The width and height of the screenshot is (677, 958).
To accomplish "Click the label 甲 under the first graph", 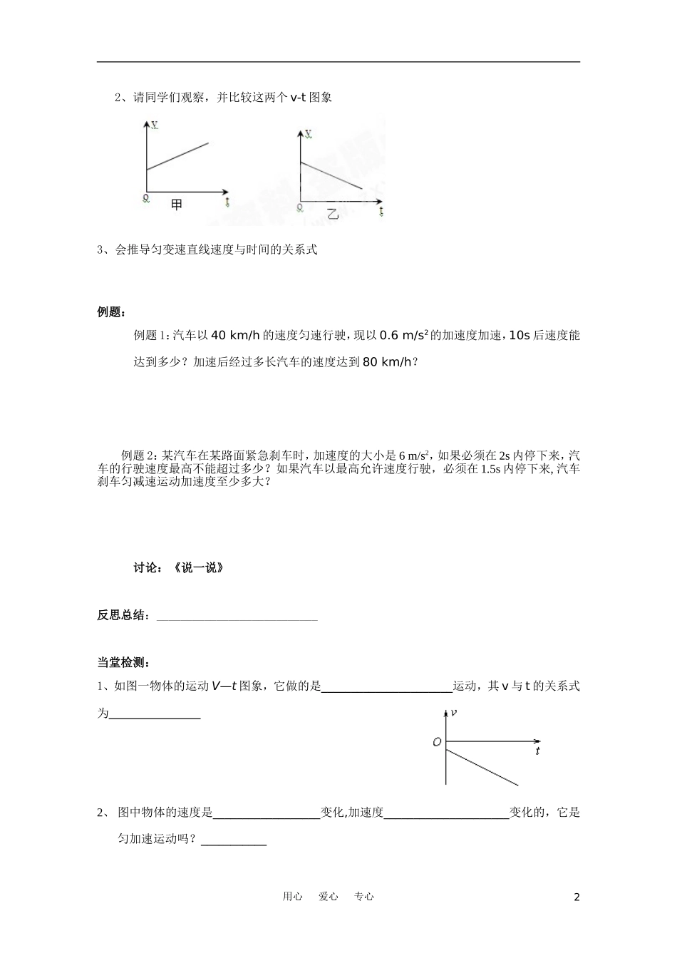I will (x=177, y=205).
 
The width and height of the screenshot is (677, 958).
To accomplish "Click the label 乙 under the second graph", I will (x=333, y=213).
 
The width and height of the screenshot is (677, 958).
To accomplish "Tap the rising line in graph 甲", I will (x=178, y=156).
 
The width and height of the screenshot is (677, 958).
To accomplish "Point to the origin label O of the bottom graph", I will (x=437, y=742).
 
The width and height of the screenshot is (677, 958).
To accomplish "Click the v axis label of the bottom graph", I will (x=454, y=712).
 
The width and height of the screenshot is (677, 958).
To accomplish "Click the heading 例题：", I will (x=112, y=312).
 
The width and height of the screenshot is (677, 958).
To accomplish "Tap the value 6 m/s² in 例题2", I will (x=413, y=455).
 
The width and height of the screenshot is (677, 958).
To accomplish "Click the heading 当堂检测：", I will (x=123, y=662).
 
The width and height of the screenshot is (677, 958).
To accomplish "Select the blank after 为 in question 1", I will (x=154, y=714).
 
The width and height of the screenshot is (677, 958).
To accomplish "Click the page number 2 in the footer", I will (x=577, y=897).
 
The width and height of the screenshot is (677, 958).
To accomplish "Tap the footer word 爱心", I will (x=329, y=897).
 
